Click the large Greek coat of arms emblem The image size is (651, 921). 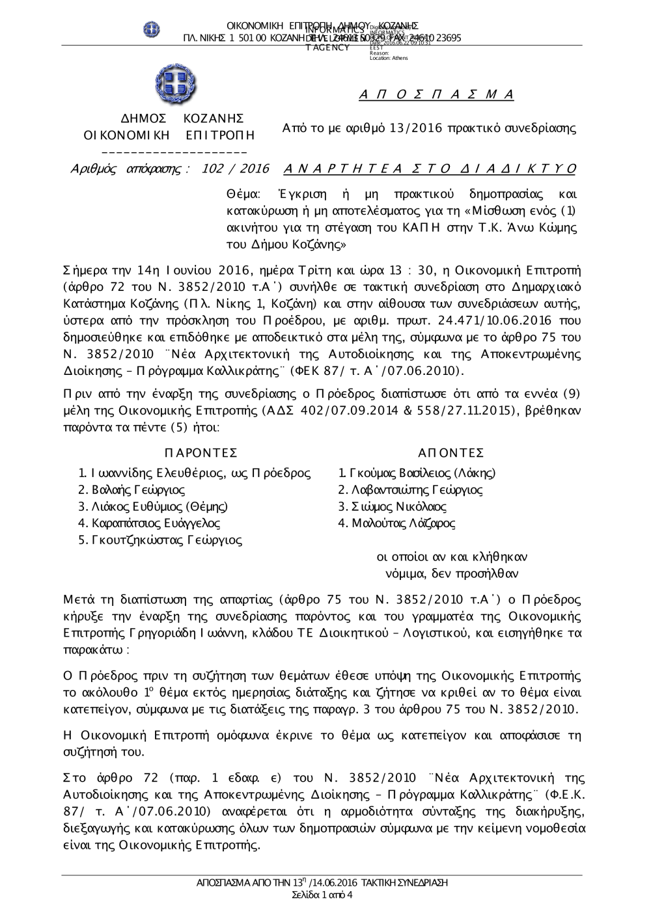(176, 85)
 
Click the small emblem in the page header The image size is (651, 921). (152, 29)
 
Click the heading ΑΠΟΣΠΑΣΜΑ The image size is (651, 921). (436, 95)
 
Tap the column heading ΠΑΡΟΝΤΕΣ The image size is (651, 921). (201, 453)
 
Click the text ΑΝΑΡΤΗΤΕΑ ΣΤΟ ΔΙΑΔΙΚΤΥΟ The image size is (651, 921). (430, 169)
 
